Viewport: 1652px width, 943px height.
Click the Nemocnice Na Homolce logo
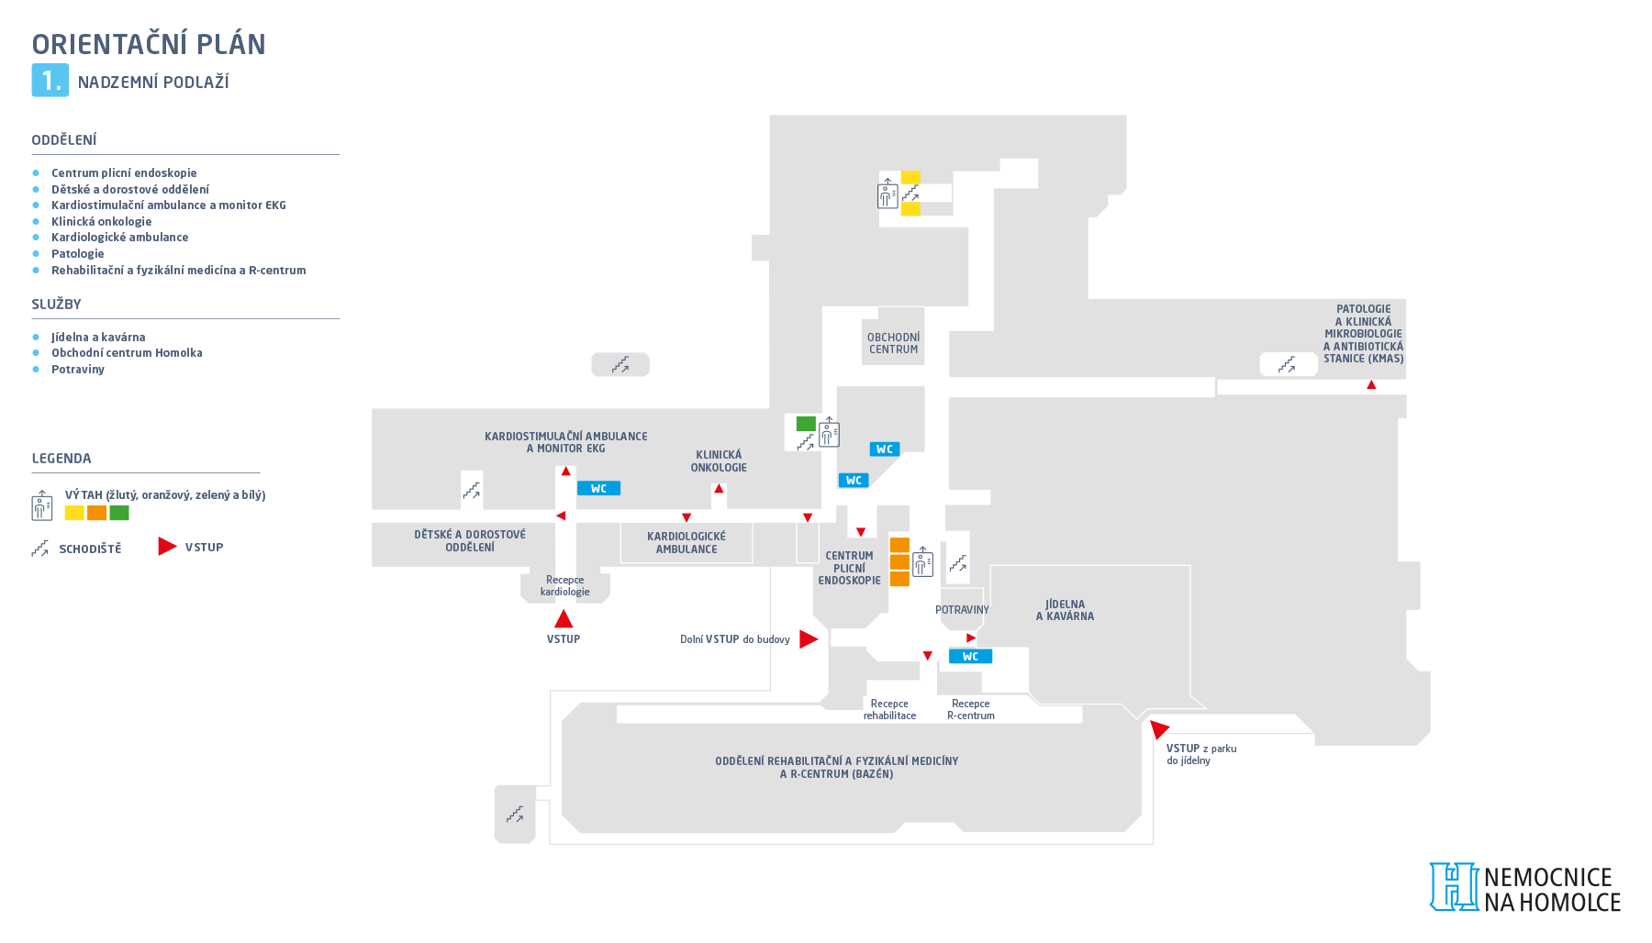click(1525, 888)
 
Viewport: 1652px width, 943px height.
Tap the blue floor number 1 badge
click(50, 81)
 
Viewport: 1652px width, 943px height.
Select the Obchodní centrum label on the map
click(893, 343)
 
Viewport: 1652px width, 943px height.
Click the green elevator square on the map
click(806, 424)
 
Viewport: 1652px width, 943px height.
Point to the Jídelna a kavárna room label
click(1065, 610)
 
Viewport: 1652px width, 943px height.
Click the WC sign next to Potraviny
click(970, 656)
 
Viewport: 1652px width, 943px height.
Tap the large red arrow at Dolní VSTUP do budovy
click(809, 639)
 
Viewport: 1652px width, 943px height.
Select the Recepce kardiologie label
click(565, 586)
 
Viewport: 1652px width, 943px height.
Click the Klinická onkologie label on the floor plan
click(719, 461)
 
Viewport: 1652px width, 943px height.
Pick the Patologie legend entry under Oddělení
click(78, 254)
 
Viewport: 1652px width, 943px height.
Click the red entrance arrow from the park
click(1159, 729)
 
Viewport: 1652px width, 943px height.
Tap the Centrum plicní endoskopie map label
click(849, 568)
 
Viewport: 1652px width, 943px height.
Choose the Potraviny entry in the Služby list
click(78, 370)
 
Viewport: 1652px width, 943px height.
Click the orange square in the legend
click(96, 513)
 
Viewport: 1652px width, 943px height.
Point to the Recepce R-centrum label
click(971, 710)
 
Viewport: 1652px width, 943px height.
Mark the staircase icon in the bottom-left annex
click(515, 814)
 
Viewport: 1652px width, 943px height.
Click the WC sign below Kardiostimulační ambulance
click(598, 489)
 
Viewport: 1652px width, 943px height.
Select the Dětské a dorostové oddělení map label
click(470, 541)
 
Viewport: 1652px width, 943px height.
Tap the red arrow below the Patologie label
click(1371, 385)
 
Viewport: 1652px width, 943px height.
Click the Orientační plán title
click(149, 44)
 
